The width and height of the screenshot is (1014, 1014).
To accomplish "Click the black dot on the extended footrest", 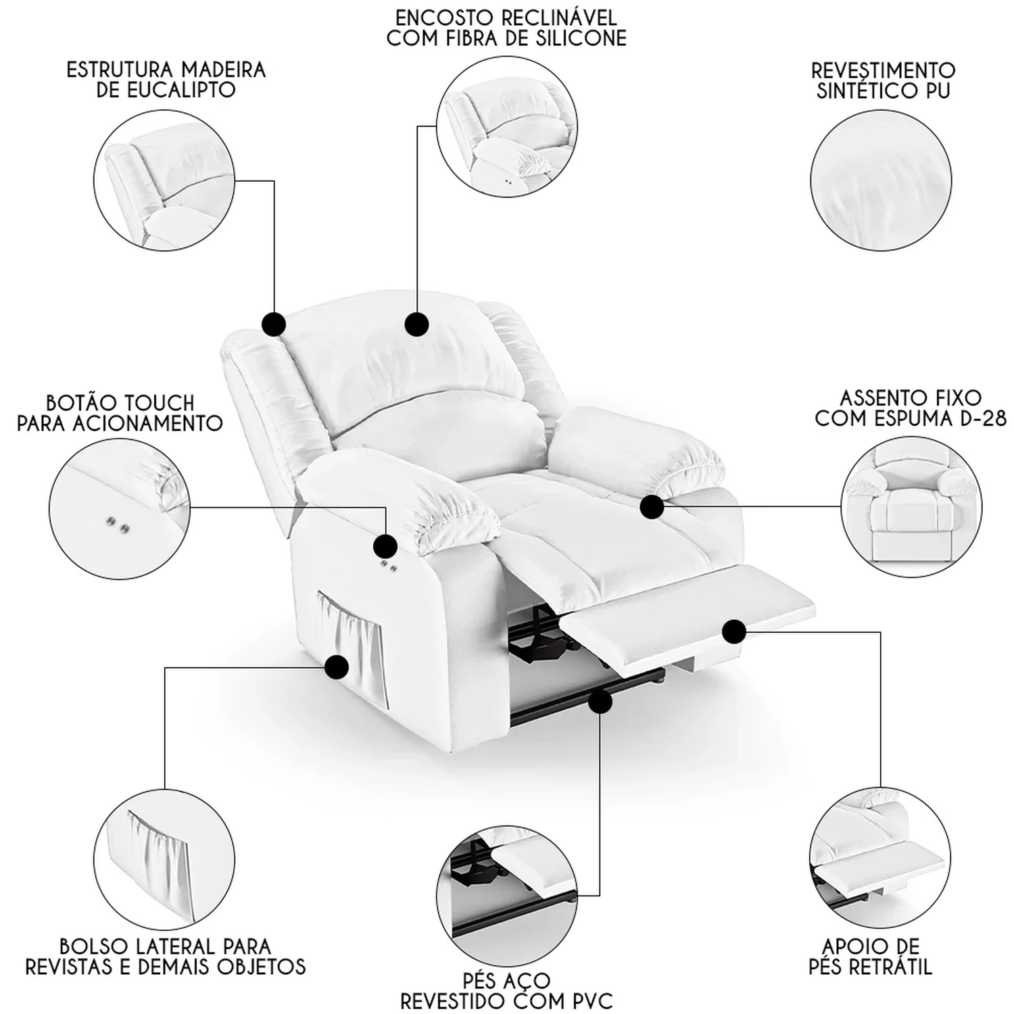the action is (733, 631).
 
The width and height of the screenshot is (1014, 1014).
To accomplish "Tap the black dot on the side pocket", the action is (336, 668).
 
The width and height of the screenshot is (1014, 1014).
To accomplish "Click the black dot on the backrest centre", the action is (416, 324).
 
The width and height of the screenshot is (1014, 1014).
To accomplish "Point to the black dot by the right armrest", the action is (652, 506).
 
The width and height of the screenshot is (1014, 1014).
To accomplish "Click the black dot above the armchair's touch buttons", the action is (385, 545).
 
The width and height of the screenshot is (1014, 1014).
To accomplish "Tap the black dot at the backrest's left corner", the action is (273, 324).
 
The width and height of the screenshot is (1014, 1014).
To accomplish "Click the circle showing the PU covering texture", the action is (881, 180).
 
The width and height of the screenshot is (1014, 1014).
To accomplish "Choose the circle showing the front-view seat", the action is (912, 506).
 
